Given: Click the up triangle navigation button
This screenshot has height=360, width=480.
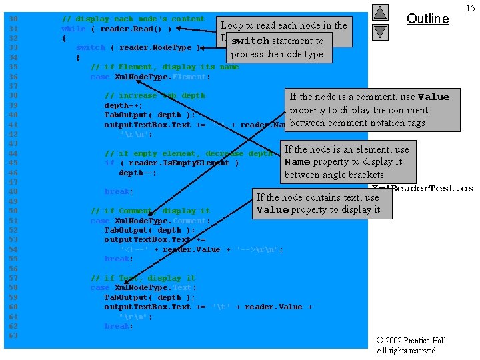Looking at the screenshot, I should click(x=379, y=12).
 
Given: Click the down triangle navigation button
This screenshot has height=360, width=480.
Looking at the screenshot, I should click(x=379, y=31).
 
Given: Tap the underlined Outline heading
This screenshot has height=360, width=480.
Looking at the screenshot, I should click(x=427, y=19).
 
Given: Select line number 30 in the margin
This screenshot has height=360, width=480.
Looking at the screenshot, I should click(x=11, y=19).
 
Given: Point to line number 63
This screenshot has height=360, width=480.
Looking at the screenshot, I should click(x=11, y=335).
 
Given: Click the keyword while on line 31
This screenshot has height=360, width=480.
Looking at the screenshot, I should click(x=73, y=29).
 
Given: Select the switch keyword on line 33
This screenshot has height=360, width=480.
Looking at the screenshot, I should click(x=91, y=48).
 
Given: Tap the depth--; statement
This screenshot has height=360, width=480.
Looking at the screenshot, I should click(x=137, y=173).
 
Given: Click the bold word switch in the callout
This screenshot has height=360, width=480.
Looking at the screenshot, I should click(x=250, y=41).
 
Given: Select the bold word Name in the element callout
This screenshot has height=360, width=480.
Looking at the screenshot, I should click(x=297, y=161).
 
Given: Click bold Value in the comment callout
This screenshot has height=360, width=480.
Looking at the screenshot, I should click(x=433, y=97).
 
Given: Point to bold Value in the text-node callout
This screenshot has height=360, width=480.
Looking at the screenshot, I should click(x=273, y=210).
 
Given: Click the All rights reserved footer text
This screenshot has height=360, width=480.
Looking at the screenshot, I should click(x=407, y=351).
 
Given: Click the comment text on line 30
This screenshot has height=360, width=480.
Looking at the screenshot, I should click(x=133, y=19).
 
